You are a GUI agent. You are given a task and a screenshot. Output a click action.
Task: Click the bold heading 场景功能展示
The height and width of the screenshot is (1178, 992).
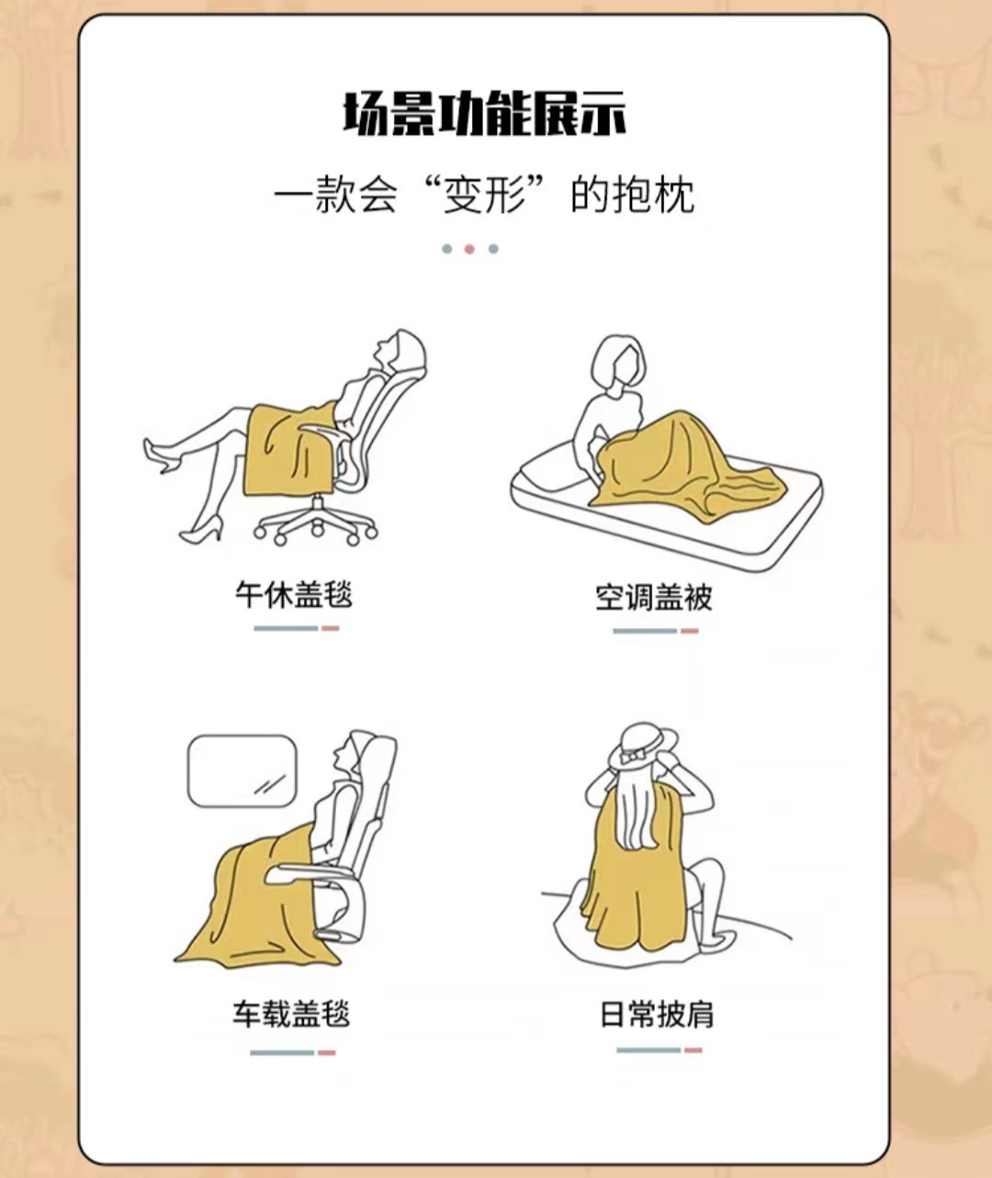484,114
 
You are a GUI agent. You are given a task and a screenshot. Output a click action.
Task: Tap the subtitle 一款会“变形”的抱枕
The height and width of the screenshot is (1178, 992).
484,195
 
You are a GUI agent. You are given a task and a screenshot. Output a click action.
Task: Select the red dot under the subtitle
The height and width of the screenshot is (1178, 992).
469,249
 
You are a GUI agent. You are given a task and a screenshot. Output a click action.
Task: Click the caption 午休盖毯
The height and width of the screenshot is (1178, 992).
294,595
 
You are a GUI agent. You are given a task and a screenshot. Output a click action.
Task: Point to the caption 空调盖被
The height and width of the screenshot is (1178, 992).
654,597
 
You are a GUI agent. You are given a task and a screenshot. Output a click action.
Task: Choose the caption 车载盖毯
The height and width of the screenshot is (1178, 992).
291,1014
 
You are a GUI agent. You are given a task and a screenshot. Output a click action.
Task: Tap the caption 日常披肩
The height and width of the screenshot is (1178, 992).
657,1014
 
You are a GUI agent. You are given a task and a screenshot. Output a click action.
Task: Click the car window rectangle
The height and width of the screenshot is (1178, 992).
242,770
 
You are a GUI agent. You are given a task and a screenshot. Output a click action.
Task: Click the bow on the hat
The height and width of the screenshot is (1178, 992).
632,755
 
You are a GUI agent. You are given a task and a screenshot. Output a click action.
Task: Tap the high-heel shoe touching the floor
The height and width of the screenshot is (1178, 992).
201,531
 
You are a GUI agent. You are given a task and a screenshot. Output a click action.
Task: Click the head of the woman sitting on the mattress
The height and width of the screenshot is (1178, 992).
619,365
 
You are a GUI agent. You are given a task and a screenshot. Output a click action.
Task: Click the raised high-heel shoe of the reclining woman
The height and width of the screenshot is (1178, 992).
159,455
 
